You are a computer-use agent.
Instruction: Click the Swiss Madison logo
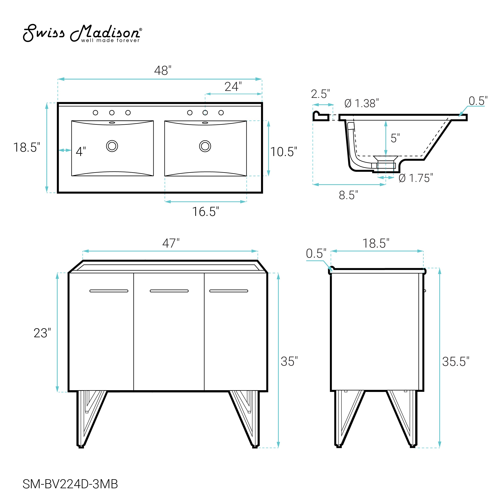(x=83, y=33)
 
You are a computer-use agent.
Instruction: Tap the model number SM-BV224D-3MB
(x=70, y=484)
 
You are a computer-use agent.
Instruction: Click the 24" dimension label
(x=233, y=87)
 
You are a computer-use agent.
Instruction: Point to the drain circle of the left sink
(x=112, y=146)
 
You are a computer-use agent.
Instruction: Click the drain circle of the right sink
(x=205, y=146)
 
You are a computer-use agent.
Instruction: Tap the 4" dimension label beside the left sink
(x=81, y=152)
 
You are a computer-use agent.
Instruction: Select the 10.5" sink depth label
(x=283, y=152)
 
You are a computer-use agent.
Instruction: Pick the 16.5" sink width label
(x=206, y=211)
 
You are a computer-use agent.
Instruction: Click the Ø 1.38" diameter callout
(x=362, y=104)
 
